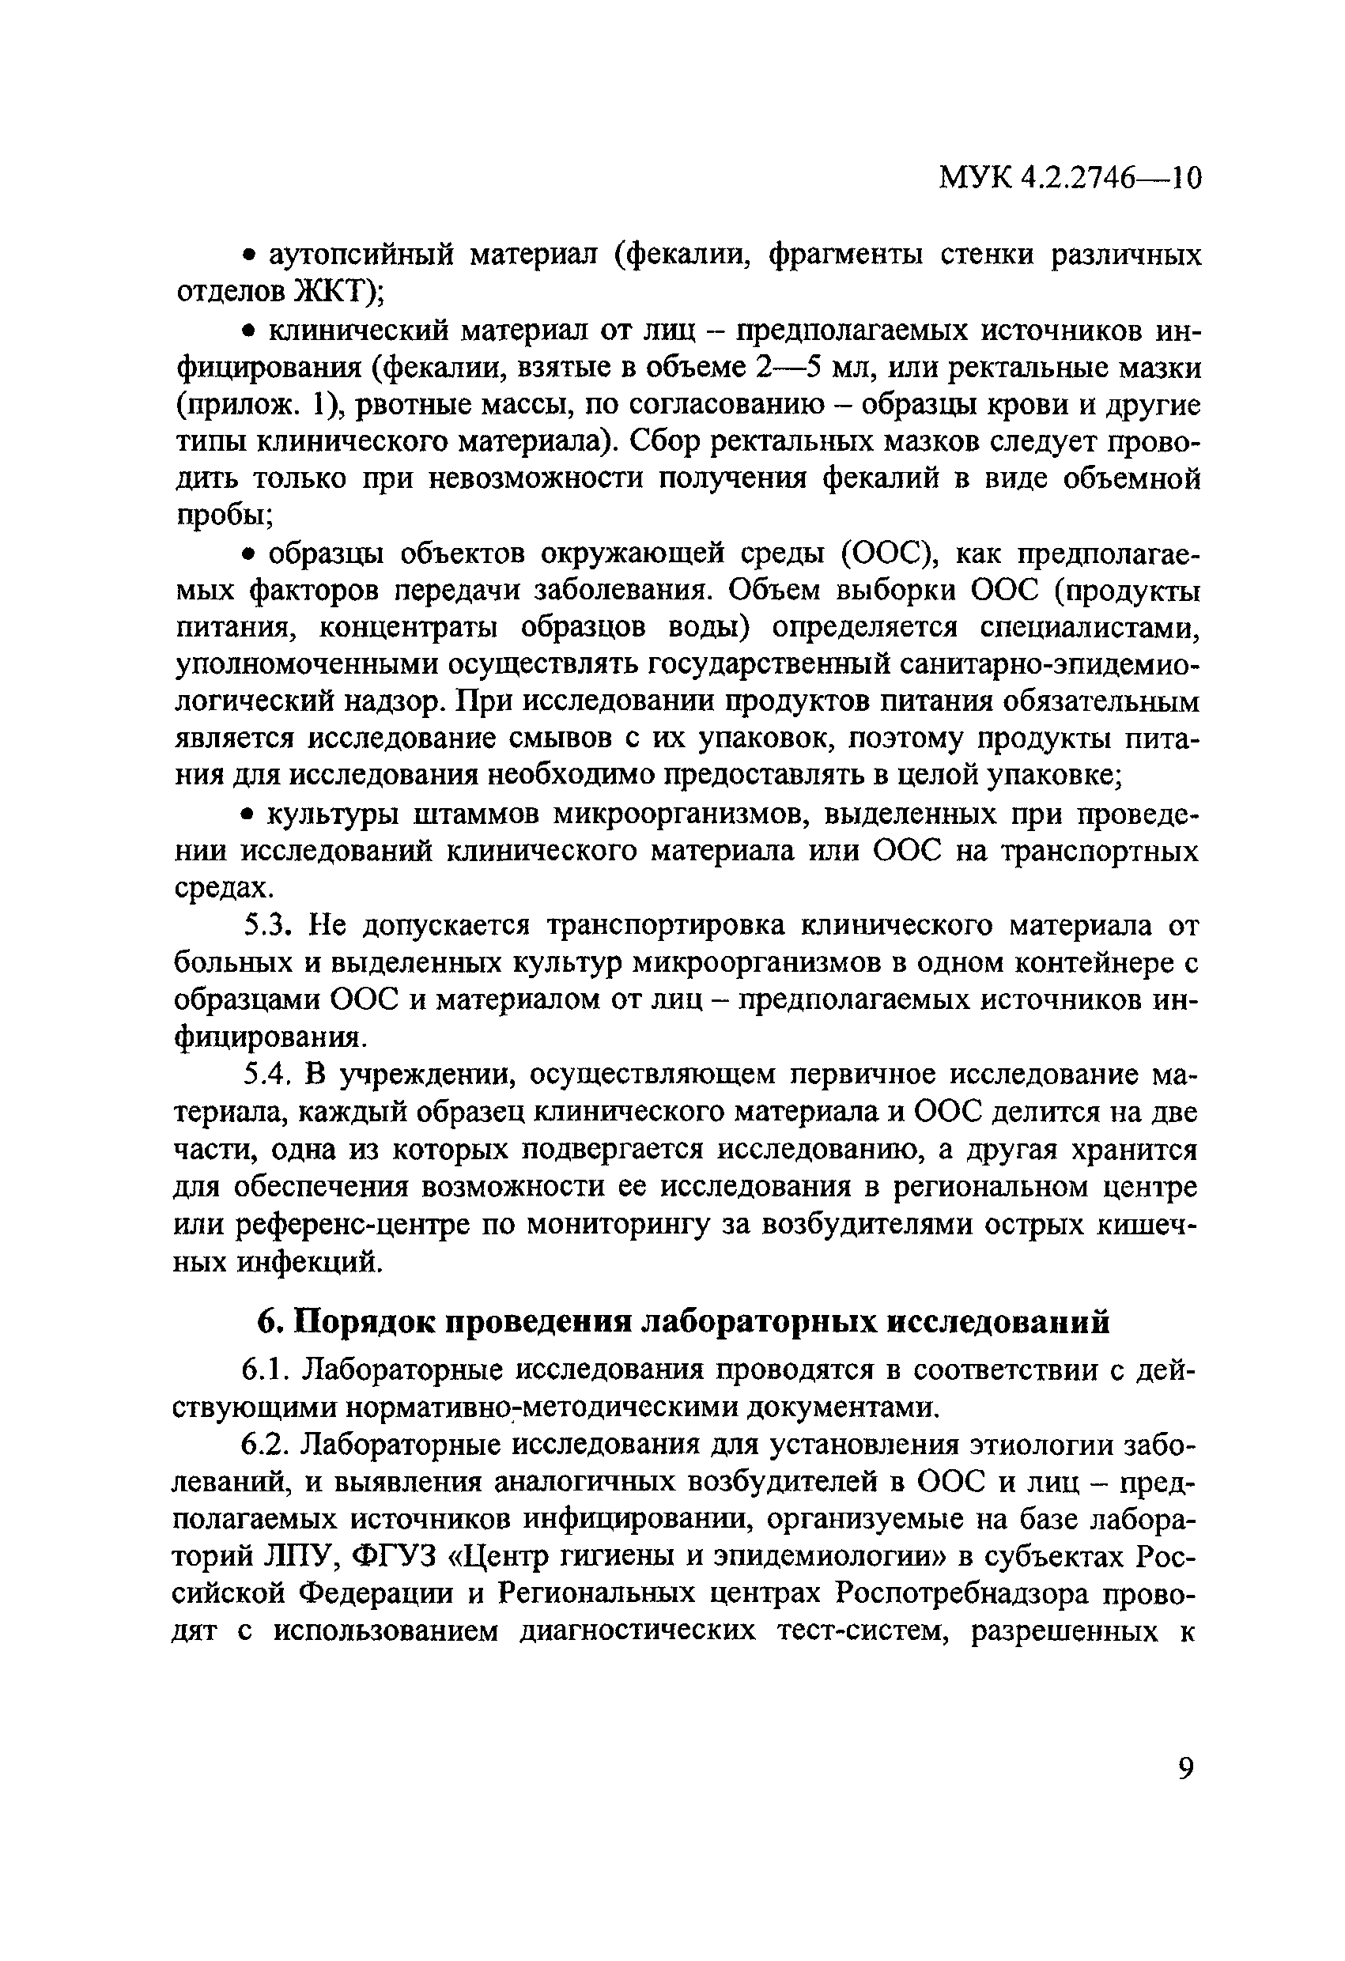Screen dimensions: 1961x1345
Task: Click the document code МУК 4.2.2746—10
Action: pos(1070,178)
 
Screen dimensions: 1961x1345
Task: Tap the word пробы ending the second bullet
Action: pos(219,516)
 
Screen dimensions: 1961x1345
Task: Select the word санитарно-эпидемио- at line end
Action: pos(1045,665)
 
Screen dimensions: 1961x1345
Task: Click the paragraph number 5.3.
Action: pos(266,926)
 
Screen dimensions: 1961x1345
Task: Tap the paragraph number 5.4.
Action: pos(266,1075)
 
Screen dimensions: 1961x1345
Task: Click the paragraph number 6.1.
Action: pos(266,1370)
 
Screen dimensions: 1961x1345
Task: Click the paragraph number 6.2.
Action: pos(266,1444)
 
